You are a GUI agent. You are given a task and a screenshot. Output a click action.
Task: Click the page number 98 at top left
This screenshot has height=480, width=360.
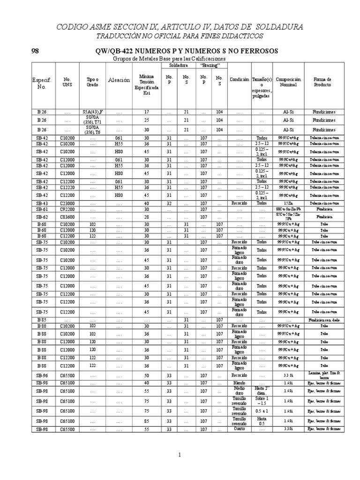point(35,51)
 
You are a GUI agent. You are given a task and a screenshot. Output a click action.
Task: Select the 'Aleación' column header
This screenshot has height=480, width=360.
point(119,80)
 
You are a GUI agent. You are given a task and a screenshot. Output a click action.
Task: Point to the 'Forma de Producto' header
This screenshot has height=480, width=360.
point(322,82)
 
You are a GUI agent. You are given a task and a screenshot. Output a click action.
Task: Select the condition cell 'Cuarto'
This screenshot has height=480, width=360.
point(240,429)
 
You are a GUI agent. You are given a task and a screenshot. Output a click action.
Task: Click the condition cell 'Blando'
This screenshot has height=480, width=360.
point(240,383)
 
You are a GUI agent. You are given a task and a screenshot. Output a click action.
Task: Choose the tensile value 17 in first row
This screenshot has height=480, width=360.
point(146,112)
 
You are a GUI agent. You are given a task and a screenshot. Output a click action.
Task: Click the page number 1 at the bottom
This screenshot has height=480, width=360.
point(180,455)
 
